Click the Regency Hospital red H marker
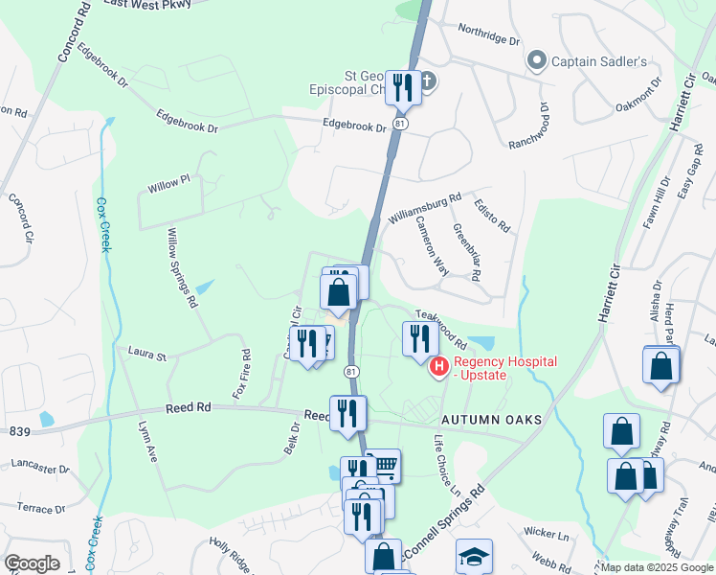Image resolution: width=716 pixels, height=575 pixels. (439, 366)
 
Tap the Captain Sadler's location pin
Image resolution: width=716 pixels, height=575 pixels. (537, 61)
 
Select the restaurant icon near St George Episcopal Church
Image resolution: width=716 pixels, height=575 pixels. (402, 88)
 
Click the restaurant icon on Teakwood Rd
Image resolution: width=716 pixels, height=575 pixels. (418, 339)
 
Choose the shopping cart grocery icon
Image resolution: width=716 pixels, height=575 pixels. (383, 466)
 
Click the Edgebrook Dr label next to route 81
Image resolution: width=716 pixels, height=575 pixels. (354, 125)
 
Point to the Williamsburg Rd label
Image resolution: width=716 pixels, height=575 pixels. (425, 206)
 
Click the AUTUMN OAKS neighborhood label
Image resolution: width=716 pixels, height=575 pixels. (492, 421)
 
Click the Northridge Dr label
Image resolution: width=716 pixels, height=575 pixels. (488, 34)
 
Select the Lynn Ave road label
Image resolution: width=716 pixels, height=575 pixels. (146, 444)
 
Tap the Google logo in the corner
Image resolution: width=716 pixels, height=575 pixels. (32, 563)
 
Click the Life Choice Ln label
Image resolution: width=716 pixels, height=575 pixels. (446, 465)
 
